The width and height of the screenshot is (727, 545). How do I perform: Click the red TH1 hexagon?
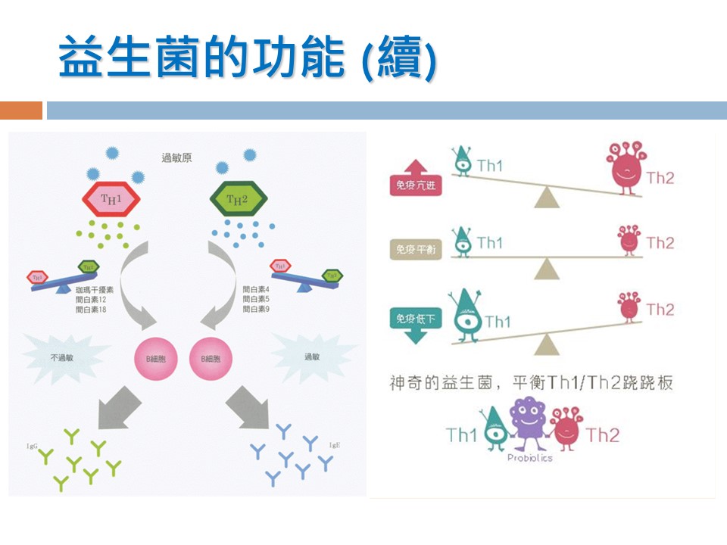tap(111, 199)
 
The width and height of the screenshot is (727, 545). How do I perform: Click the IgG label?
tap(33, 447)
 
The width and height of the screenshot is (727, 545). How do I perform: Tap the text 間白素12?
tap(91, 300)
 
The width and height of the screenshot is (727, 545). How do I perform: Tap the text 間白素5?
tap(256, 300)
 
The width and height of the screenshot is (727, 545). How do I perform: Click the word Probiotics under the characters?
tap(529, 458)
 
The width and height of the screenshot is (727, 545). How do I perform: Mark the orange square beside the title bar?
tap(21, 111)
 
